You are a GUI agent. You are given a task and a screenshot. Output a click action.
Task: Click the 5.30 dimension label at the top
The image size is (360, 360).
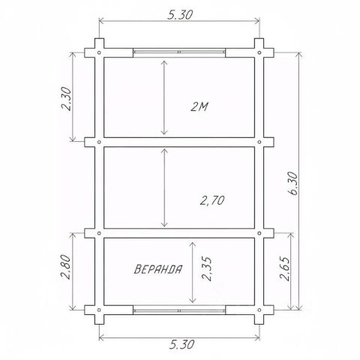pyautogui.click(x=180, y=15)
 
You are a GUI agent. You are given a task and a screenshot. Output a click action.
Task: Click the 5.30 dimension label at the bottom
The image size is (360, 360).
pyautogui.click(x=181, y=344)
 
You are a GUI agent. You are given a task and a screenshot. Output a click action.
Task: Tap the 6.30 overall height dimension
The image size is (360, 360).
pyautogui.click(x=292, y=184)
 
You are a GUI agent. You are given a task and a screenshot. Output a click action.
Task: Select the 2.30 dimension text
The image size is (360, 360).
pyautogui.click(x=67, y=99)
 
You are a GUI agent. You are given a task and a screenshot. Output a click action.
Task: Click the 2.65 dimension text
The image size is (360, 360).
pyautogui.click(x=285, y=268)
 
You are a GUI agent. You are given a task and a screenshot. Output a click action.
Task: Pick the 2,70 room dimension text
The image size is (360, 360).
pyautogui.click(x=212, y=200)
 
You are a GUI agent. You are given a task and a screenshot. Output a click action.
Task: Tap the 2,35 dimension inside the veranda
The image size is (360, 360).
pyautogui.click(x=207, y=268)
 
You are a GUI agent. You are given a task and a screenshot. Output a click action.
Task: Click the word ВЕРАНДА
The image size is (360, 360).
pyautogui.click(x=158, y=269)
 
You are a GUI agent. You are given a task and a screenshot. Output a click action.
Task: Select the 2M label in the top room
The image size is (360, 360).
pyautogui.click(x=199, y=107)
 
